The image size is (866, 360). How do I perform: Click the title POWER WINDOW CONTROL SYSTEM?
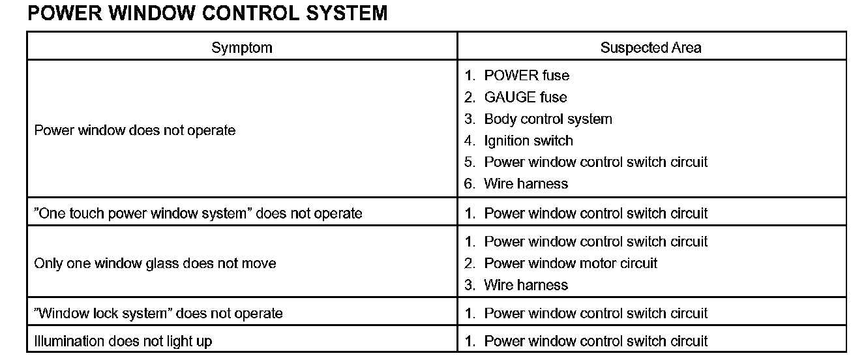click(207, 13)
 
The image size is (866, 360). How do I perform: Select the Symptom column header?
click(241, 48)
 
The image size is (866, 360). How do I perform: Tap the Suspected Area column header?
click(651, 48)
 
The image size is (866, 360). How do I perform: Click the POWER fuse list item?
click(526, 76)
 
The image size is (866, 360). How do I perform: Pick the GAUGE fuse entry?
click(525, 97)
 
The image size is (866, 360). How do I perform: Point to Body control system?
click(548, 119)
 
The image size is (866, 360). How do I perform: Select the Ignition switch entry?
click(528, 141)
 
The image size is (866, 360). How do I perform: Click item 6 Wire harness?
click(526, 184)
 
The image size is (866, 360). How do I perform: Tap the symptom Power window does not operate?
click(134, 130)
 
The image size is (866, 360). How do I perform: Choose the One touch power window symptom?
click(198, 213)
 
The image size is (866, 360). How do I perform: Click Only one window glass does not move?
click(155, 263)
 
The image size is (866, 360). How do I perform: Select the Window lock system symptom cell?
click(158, 314)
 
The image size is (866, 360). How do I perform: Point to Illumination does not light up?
click(123, 341)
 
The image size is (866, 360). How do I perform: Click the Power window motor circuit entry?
click(571, 263)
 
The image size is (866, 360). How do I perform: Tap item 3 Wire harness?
click(526, 285)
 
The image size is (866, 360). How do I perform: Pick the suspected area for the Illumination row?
click(595, 341)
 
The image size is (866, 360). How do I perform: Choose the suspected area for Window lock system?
click(595, 314)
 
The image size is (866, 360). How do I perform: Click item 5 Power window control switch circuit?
click(595, 162)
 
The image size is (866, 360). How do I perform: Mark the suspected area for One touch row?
click(595, 213)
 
